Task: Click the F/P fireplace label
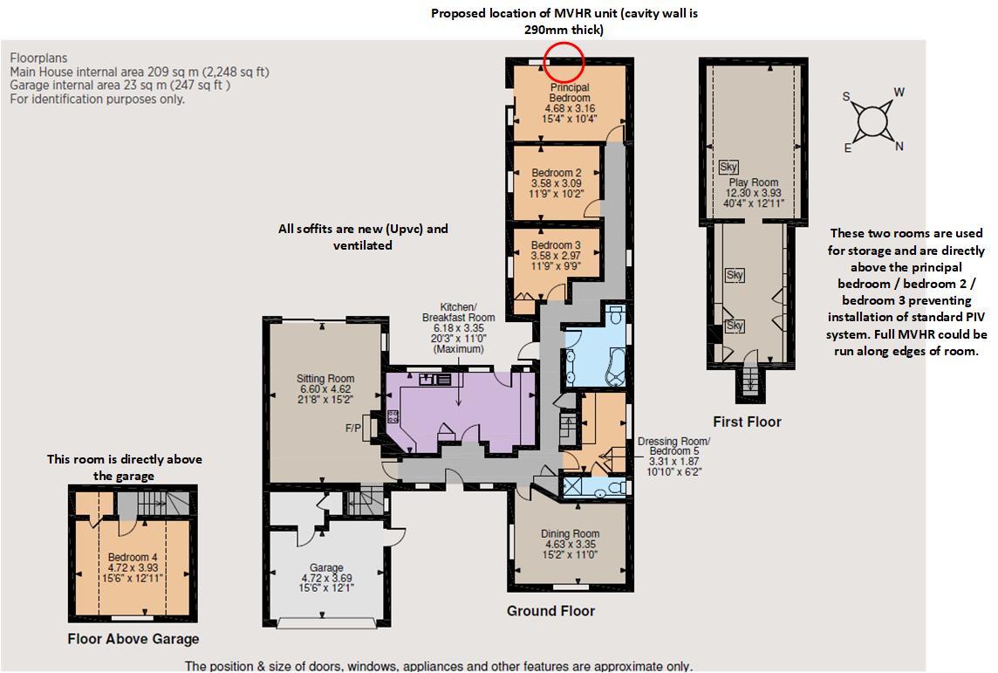pos(352,429)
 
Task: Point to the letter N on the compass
pos(899,147)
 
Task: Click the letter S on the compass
pos(846,97)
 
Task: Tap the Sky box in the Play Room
pos(728,168)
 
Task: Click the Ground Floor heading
pos(550,611)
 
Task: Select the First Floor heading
pos(748,422)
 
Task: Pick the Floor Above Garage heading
pos(133,639)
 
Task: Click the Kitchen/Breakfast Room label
pos(458,328)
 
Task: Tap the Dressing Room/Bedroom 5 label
pos(674,457)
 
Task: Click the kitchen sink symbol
pos(435,380)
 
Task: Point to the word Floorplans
pos(39,58)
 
